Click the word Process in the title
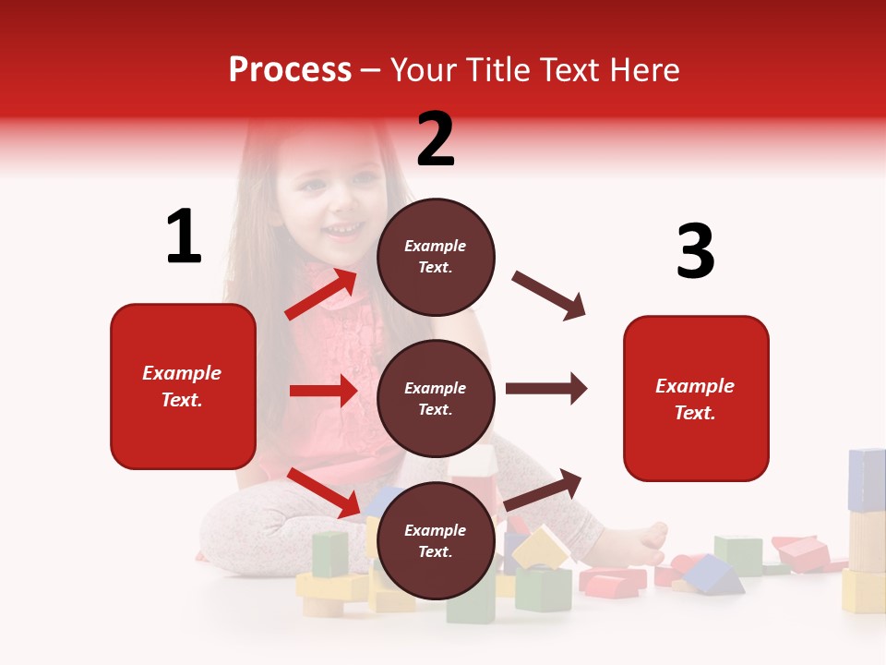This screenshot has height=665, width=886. coord(290,70)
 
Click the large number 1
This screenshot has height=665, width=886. coord(184,236)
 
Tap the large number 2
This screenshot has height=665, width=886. coord(436,139)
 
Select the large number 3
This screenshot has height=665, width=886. coord(695,252)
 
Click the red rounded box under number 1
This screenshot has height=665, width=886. coord(183,386)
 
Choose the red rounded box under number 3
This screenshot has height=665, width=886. coord(696,399)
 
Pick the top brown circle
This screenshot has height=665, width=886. coord(436,257)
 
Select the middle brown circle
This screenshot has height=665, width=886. coord(436,399)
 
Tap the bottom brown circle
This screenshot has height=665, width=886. coord(436,540)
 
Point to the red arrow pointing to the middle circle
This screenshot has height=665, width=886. coord(323,391)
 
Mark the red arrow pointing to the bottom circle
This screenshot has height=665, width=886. coord(323,492)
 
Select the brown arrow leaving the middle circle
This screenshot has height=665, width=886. coord(545,389)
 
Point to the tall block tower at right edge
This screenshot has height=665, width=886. coord(866,531)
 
